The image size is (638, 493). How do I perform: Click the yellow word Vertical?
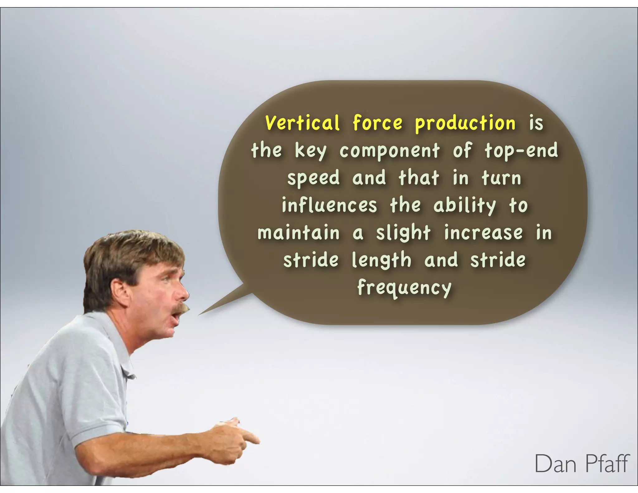[302, 123]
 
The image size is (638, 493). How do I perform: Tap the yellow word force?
[378, 123]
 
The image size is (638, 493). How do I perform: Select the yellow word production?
[465, 123]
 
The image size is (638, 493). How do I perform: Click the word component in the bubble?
[389, 151]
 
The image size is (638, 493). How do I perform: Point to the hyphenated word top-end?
[521, 151]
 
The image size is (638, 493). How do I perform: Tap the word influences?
[329, 206]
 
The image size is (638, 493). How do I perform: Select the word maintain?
[298, 233]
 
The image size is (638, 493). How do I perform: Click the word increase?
[483, 233]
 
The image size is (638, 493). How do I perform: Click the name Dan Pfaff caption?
[582, 464]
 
